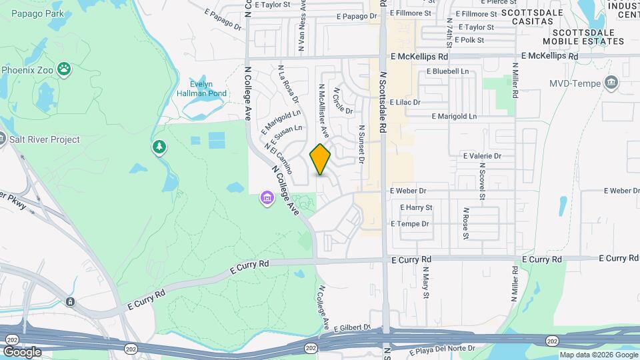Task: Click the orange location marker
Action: (x=321, y=159)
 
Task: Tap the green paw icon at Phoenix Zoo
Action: (x=64, y=68)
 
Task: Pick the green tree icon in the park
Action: (x=159, y=146)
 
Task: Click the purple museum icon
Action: (x=267, y=198)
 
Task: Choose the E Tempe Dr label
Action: (x=410, y=224)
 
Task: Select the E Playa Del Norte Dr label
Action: (x=434, y=348)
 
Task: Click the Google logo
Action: (x=22, y=351)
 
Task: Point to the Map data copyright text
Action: (x=597, y=355)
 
